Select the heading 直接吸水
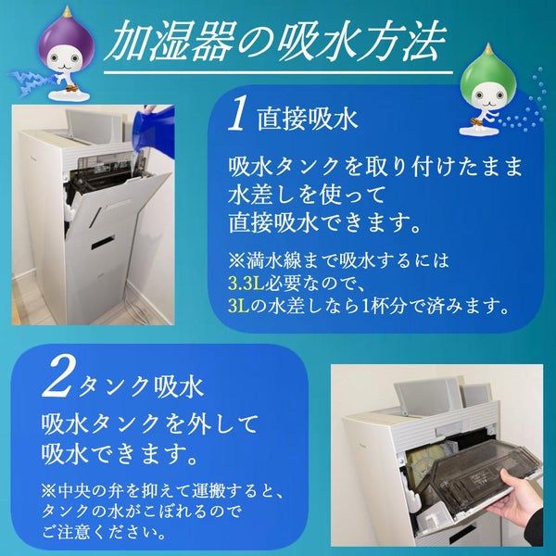point(308,118)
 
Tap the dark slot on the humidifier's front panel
point(104,243)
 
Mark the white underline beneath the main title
point(278,72)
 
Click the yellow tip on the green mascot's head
point(489,48)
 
